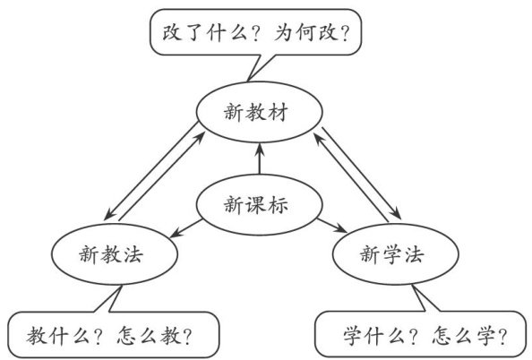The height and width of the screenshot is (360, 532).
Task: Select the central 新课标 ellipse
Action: pos(260,175)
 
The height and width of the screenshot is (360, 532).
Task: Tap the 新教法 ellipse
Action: pos(115,224)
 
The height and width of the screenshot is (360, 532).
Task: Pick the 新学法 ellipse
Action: pos(396,224)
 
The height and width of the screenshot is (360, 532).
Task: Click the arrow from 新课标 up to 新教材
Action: pos(260,159)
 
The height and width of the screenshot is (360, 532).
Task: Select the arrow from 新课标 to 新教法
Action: pos(186,228)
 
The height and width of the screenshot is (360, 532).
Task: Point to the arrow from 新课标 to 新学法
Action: pos(332,226)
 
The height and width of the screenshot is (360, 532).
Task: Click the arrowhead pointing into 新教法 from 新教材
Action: pos(109,214)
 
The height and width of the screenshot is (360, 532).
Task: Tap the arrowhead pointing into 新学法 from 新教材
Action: pos(396,214)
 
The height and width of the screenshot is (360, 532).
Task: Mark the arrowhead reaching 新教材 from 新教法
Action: pos(201,137)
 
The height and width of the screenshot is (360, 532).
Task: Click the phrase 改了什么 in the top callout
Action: pos(204,33)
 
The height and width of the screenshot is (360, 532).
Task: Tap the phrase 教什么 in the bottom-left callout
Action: pos(58,336)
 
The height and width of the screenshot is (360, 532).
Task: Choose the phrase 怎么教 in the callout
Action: pos(149,336)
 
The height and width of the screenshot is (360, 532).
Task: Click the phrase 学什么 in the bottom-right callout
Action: pos(374,336)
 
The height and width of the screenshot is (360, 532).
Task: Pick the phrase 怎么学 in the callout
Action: pos(464,336)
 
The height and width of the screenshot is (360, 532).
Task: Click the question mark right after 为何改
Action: pos(345,34)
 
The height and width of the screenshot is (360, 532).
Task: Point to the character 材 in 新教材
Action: pos(278,112)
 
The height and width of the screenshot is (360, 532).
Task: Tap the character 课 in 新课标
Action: pos(256,205)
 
